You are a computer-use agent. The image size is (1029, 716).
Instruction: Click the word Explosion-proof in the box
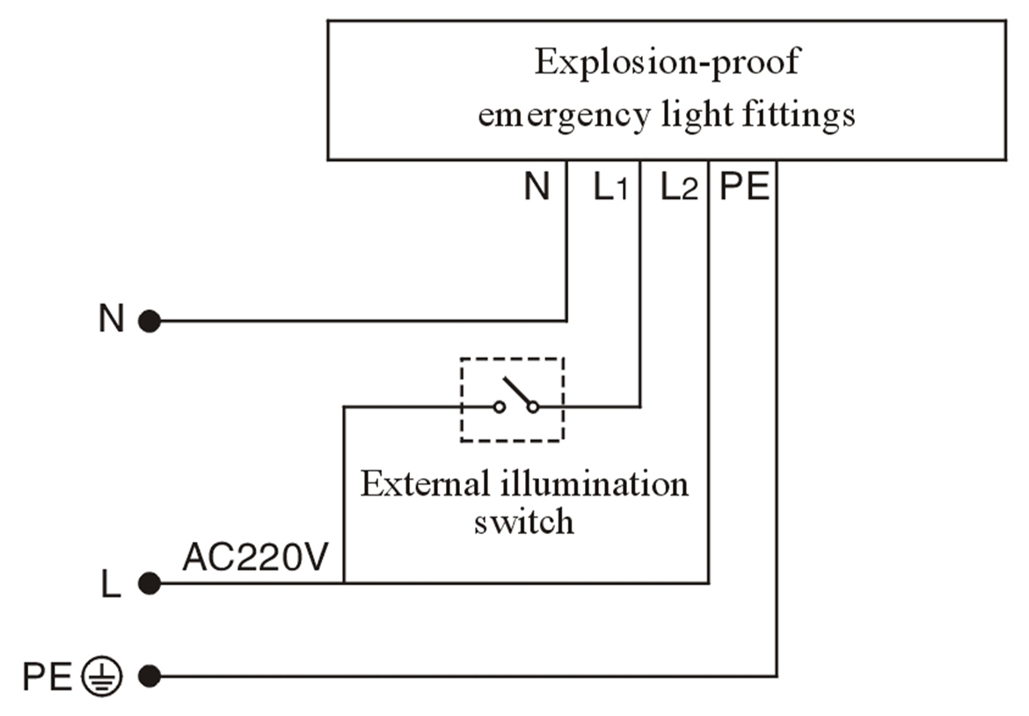coord(667,63)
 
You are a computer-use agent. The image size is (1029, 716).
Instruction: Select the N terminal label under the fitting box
coord(536,187)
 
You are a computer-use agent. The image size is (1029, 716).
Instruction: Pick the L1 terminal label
coord(610,187)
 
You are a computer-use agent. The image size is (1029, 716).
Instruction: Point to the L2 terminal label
coord(679,187)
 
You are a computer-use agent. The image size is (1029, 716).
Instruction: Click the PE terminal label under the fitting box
coord(744,187)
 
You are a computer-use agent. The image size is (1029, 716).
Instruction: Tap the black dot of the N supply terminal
coord(150,322)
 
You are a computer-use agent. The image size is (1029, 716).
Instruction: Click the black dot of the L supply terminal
coord(150,582)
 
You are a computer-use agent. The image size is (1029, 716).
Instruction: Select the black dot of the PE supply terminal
coord(150,676)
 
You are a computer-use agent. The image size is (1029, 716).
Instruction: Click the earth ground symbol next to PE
coord(103,676)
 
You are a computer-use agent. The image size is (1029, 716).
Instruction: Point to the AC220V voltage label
coord(254,558)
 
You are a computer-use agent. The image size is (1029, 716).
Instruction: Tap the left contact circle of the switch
coord(499,407)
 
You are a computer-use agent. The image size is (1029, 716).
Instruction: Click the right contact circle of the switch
coord(533,407)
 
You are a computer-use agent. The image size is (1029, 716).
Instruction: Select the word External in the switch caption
coord(420,484)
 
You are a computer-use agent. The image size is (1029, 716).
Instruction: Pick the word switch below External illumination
coord(524,522)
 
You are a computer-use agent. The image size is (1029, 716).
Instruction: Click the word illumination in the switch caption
coord(591,484)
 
